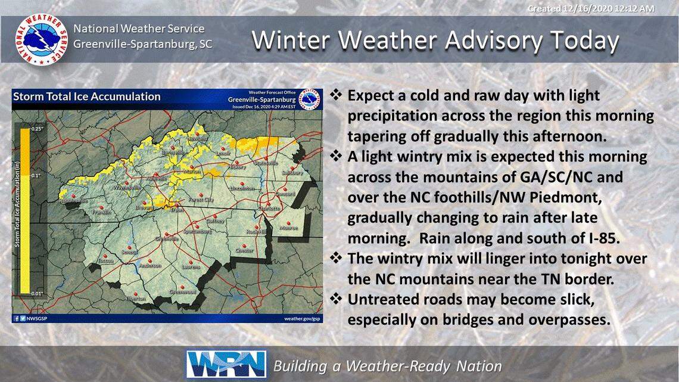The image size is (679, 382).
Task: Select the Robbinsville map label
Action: pos(73,201)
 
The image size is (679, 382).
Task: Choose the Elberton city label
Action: pos(136,299)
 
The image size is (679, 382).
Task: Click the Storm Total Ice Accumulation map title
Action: pos(87,97)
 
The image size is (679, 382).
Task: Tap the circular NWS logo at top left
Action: pos(41,40)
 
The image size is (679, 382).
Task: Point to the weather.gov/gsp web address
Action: pos(302,319)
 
